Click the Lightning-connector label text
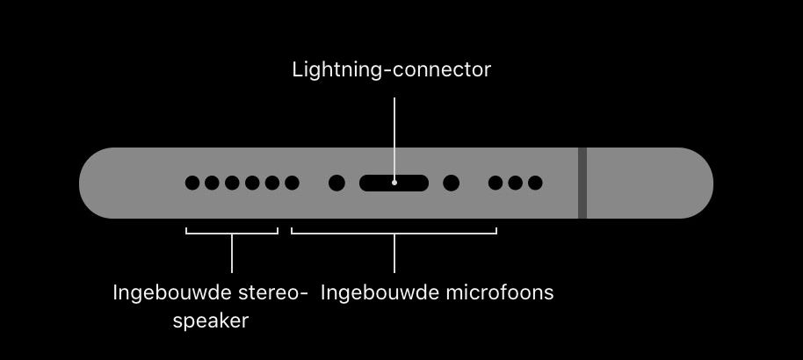391,70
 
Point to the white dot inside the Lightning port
394,183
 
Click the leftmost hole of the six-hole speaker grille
192,183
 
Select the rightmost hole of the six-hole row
292,183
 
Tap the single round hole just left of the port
336,183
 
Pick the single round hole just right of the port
451,183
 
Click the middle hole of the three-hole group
515,183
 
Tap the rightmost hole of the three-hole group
535,183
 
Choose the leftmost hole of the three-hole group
496,183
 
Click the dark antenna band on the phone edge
582,183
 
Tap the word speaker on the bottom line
210,320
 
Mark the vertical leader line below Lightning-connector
394,132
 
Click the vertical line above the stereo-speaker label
232,255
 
